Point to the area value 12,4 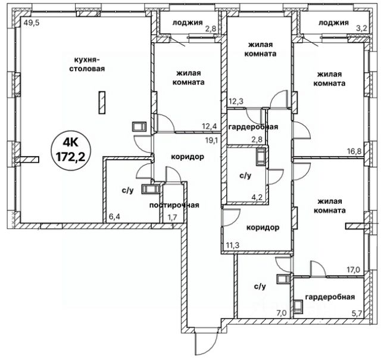point(209,126)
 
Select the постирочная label point(174,205)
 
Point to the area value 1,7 point(173,218)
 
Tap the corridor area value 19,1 point(213,141)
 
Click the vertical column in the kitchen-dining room point(102,102)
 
